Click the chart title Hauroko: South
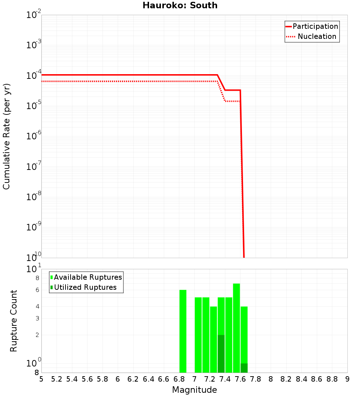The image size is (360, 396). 180,5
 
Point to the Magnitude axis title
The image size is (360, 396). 194,390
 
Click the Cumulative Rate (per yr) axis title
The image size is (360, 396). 6,136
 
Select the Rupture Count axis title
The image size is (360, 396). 14,321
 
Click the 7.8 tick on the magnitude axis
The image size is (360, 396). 271,379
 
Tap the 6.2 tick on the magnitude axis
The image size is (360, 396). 133,379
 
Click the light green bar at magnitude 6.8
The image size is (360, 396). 183,331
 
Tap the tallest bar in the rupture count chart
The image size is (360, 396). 237,328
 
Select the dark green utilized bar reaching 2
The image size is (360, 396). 221,354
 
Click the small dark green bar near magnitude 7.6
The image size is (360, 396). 244,368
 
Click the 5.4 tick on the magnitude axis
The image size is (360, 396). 72,379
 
